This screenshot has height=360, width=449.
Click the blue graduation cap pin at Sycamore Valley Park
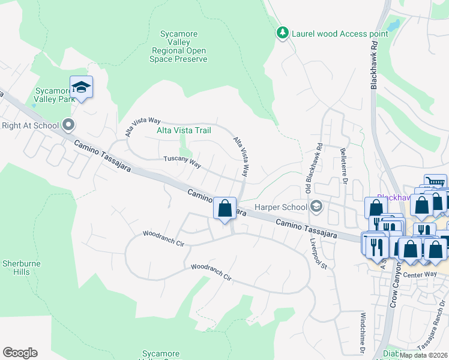click(81, 88)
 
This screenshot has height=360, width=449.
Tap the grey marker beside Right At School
click(68, 125)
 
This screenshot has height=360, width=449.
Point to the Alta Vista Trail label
click(184, 130)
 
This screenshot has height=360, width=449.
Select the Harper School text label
click(281, 207)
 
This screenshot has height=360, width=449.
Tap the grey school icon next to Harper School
click(316, 207)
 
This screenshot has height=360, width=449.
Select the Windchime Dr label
click(363, 332)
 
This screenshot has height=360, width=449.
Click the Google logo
click(20, 353)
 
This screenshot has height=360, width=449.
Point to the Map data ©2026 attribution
click(423, 355)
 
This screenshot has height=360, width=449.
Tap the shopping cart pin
click(435, 182)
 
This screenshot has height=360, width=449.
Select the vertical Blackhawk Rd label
click(373, 65)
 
